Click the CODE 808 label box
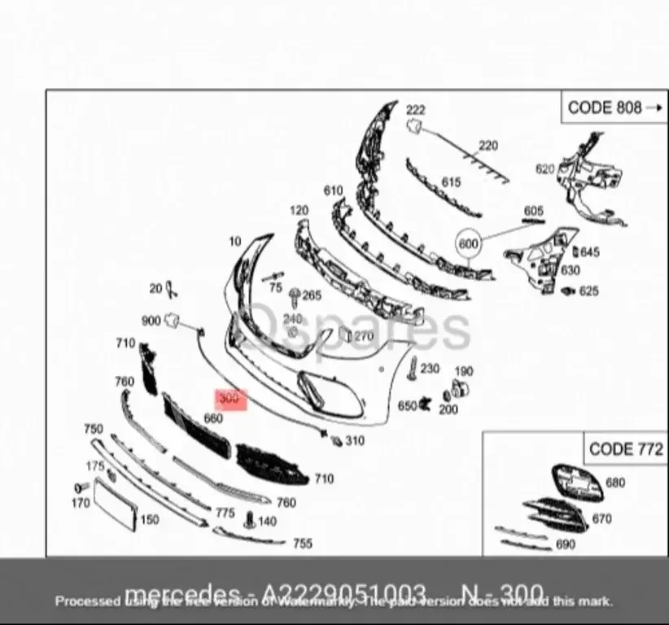point(612,107)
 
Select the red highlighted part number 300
point(230,400)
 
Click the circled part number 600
point(470,243)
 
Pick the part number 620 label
point(544,169)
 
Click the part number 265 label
point(312,295)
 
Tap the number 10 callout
point(235,242)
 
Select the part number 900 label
point(151,321)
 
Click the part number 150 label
point(150,519)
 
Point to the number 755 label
point(302,543)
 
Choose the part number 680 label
point(615,483)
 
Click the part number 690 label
point(565,544)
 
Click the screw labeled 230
point(413,367)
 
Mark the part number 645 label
point(589,252)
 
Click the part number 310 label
point(355,441)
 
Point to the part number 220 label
point(488,146)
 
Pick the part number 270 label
point(363,335)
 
